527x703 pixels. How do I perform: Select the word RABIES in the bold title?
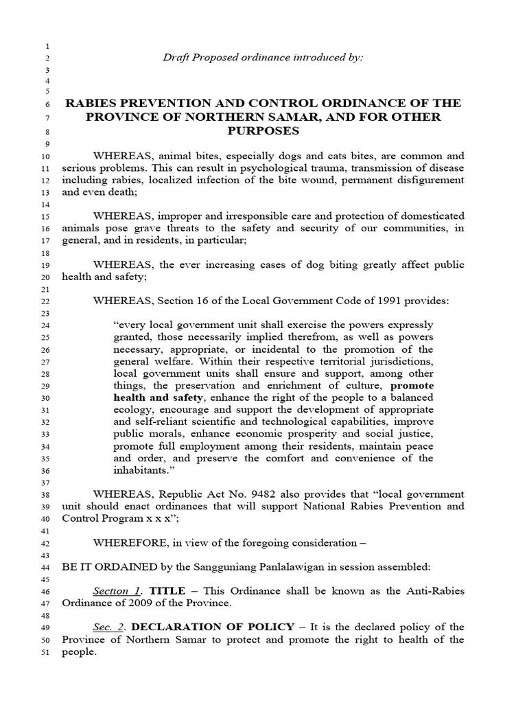coord(92,103)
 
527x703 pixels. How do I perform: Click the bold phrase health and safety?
coord(157,397)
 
